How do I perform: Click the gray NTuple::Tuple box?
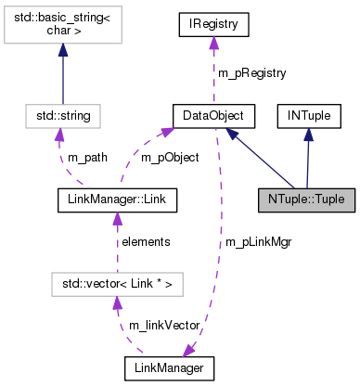click(x=305, y=199)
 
